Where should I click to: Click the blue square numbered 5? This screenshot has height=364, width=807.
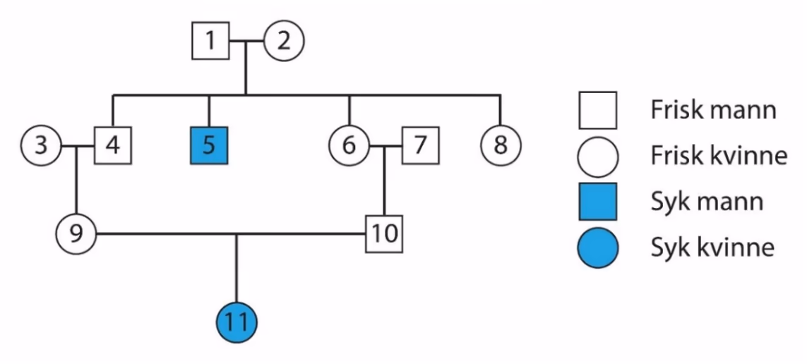click(209, 145)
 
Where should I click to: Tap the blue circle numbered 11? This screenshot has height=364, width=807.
click(237, 323)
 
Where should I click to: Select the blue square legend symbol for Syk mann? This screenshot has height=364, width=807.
click(597, 202)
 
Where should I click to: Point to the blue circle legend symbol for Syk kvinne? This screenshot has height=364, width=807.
click(597, 248)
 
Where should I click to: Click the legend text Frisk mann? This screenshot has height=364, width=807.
click(713, 110)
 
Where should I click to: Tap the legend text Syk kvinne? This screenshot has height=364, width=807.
click(712, 248)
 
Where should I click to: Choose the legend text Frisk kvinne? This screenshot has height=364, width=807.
click(719, 156)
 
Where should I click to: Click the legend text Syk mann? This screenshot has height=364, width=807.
click(707, 202)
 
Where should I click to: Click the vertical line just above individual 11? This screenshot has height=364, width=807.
click(237, 269)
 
